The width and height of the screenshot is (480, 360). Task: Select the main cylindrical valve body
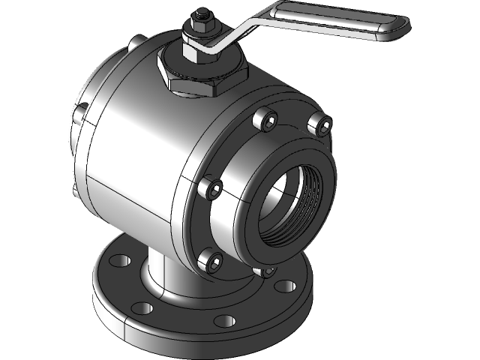(135, 142)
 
